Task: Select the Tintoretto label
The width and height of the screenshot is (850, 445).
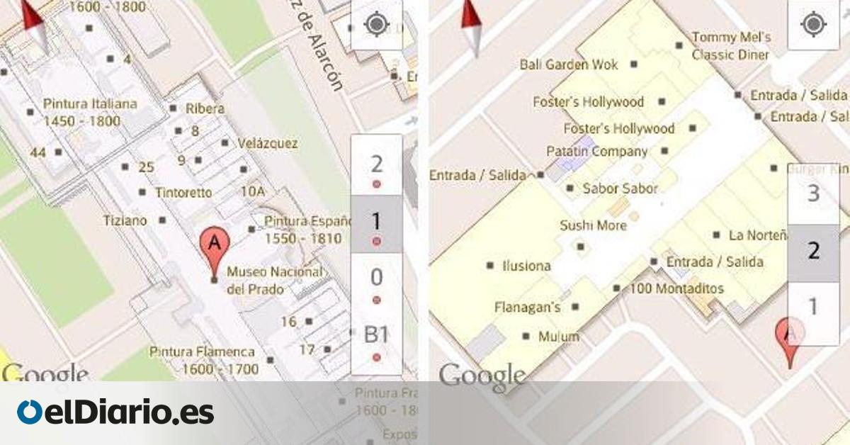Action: tap(183, 193)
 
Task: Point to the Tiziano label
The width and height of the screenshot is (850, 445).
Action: tap(125, 220)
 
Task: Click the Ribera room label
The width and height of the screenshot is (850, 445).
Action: tap(205, 109)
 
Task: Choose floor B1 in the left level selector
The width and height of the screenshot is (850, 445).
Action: tap(376, 336)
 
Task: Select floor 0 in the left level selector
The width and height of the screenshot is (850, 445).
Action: tap(376, 277)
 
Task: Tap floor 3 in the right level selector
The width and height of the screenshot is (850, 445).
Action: tap(813, 193)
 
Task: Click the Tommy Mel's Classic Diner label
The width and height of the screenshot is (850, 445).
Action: tap(731, 45)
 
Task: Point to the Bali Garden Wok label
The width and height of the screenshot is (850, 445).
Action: tap(569, 64)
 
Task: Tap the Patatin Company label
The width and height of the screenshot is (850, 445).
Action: tap(597, 151)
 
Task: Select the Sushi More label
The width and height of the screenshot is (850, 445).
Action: tap(594, 225)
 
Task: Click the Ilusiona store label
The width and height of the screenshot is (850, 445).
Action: tap(526, 266)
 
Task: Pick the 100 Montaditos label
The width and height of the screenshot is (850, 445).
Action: tap(676, 288)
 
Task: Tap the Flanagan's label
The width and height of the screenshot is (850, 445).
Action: tap(528, 308)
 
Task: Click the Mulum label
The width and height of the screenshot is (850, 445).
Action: tap(558, 337)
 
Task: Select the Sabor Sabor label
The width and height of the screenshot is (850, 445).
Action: tap(620, 188)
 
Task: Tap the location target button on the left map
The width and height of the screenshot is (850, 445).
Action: tap(376, 25)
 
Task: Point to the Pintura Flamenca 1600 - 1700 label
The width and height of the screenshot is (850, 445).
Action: tap(203, 360)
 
